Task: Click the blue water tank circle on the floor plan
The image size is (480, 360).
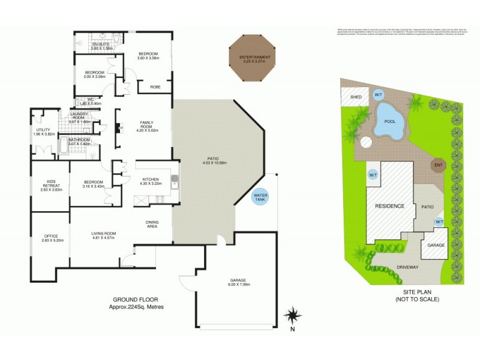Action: [260, 197]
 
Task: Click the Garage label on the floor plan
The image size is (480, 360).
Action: [238, 280]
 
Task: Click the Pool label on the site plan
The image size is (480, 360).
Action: [389, 121]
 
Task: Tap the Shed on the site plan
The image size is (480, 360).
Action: [356, 95]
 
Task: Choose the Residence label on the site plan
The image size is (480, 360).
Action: [390, 206]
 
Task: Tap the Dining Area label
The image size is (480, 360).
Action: [152, 224]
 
